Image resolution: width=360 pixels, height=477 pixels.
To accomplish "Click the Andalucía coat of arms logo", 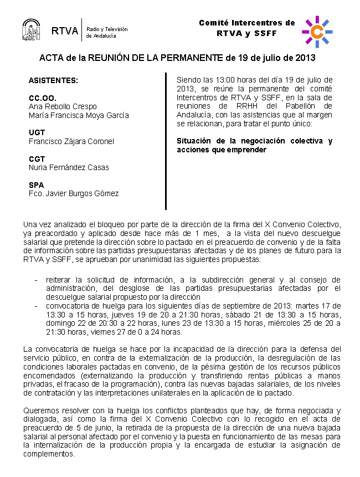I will click(31, 30).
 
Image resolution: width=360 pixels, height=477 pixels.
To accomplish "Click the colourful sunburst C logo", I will click(317, 32).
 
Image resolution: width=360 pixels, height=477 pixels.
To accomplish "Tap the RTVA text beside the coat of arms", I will click(65, 31).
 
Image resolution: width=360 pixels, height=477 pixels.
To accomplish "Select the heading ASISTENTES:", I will click(54, 80).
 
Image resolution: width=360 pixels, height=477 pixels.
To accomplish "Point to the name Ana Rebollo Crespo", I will click(63, 106).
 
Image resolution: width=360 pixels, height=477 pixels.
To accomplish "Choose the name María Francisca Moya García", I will click(79, 115).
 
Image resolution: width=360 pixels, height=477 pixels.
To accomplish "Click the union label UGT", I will click(37, 132).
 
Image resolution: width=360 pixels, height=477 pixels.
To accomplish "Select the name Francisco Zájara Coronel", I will click(71, 141).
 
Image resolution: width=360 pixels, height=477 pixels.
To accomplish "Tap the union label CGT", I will click(37, 159).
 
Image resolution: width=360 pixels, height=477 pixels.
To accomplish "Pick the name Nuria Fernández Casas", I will click(69, 167).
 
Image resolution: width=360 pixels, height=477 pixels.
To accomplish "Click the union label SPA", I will click(36, 185).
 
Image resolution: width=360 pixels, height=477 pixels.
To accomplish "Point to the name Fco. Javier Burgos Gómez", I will click(74, 193).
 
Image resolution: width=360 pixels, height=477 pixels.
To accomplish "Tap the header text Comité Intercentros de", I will click(247, 23).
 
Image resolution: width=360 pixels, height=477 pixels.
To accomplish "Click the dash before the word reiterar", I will click(37, 280).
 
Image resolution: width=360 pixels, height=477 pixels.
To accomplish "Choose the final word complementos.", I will click(49, 454).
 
